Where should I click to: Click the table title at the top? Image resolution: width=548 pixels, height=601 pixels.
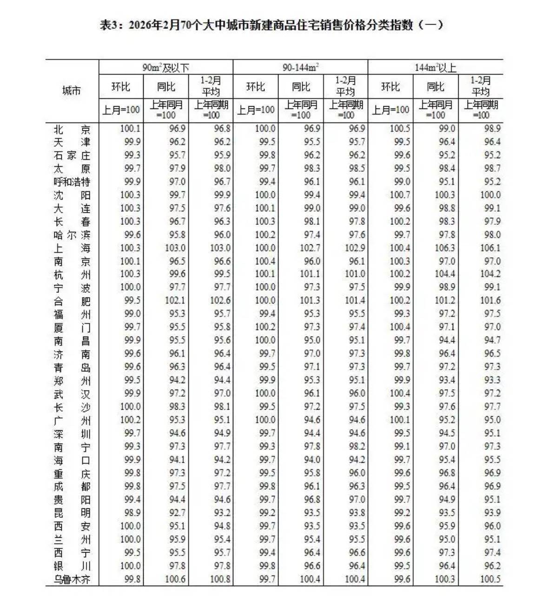coord(271,25)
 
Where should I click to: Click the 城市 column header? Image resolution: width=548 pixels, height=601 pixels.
coord(72,90)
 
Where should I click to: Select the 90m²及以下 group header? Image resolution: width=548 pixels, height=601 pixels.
coord(166,68)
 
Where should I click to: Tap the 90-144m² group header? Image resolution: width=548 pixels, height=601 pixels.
coord(300,68)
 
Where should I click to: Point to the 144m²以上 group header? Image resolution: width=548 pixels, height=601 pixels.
coord(436,68)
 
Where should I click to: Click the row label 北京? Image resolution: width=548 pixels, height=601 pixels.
coord(72,129)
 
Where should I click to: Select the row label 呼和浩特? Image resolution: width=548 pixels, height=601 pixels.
coord(72,182)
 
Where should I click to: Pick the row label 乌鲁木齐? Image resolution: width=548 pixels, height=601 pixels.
coord(72,580)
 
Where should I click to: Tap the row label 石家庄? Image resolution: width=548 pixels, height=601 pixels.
coord(72,155)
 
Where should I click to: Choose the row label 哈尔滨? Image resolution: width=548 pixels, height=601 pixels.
coord(72,235)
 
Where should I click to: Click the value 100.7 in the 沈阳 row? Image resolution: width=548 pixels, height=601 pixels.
coord(400,195)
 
